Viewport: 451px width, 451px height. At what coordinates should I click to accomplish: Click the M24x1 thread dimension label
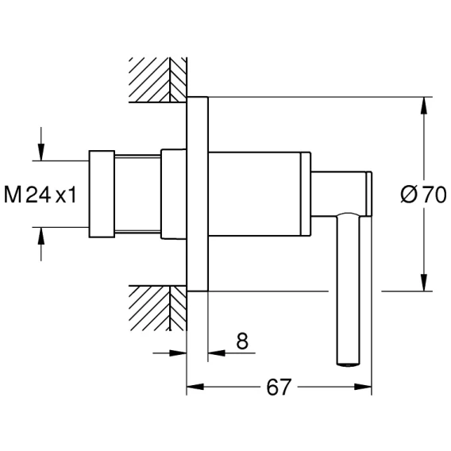[x=40, y=195]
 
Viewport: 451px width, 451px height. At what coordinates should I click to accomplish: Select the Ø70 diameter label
[x=423, y=195]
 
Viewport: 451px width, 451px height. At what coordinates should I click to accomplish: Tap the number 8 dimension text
[x=242, y=341]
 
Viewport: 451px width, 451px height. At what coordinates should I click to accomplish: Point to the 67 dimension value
[x=279, y=387]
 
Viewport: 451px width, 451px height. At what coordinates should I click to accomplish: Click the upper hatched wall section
[x=158, y=80]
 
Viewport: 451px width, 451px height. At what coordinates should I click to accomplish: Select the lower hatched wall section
[x=158, y=308]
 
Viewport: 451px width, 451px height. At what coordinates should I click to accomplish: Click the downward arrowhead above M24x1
[x=41, y=152]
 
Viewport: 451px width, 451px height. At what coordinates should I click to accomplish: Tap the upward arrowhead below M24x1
[x=41, y=236]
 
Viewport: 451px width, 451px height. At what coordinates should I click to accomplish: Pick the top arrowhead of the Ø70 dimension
[x=424, y=106]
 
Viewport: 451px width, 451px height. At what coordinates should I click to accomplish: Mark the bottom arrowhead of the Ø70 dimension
[x=424, y=283]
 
